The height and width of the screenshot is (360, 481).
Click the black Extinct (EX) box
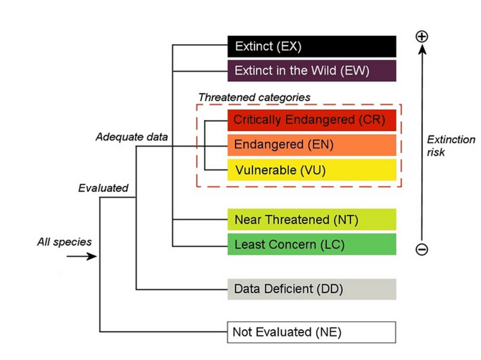pos(312,47)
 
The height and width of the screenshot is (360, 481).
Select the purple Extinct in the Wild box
pos(312,71)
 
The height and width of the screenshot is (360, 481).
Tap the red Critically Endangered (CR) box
pos(312,120)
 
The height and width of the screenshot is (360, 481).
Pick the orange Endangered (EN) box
pos(312,145)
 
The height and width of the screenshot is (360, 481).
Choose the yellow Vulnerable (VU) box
pos(312,169)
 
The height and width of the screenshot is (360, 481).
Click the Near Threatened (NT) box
pos(312,220)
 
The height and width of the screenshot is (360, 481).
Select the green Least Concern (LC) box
pos(312,244)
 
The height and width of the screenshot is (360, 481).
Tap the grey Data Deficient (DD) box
pos(312,289)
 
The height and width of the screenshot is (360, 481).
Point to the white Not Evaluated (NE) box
pos(312,332)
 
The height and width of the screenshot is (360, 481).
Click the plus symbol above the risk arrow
pos(422,36)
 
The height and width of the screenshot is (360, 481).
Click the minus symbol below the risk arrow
pos(422,250)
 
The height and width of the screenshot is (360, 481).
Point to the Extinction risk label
pos(450,146)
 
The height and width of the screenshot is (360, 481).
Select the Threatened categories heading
pos(254,97)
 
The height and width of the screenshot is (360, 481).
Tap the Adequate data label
pos(132,137)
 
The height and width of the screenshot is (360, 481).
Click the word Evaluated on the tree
pos(103,188)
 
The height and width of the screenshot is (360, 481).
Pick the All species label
pos(64,242)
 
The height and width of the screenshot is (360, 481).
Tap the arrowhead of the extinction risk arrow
pos(422,50)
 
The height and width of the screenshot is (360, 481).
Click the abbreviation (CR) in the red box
pos(372,120)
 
